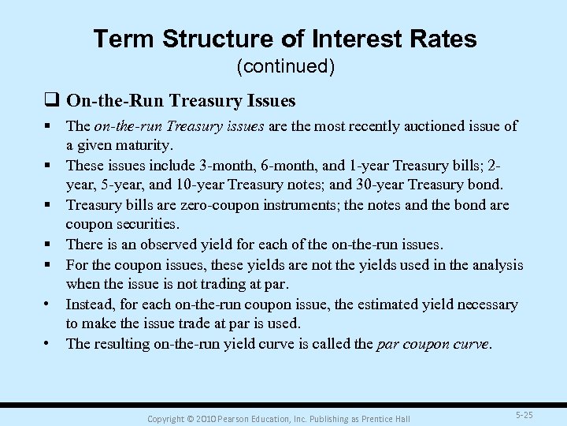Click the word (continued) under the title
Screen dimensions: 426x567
(286, 68)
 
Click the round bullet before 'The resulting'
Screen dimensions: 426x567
(49, 343)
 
